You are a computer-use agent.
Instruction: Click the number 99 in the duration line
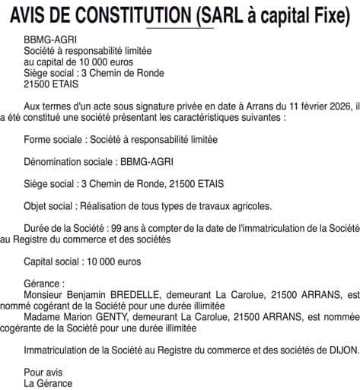[x=116, y=227]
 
